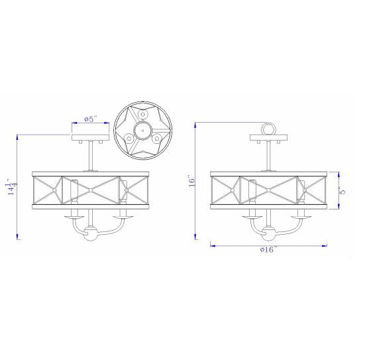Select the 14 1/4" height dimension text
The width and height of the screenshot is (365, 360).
tap(13, 187)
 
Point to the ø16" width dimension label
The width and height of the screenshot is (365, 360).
tap(268, 249)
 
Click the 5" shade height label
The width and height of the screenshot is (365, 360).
tap(342, 190)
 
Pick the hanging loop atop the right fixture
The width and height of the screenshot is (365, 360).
tap(268, 128)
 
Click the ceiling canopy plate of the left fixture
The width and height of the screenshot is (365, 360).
tap(90, 137)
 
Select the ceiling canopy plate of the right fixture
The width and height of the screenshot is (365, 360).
tap(268, 137)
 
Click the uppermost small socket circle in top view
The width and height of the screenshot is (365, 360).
tap(142, 114)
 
